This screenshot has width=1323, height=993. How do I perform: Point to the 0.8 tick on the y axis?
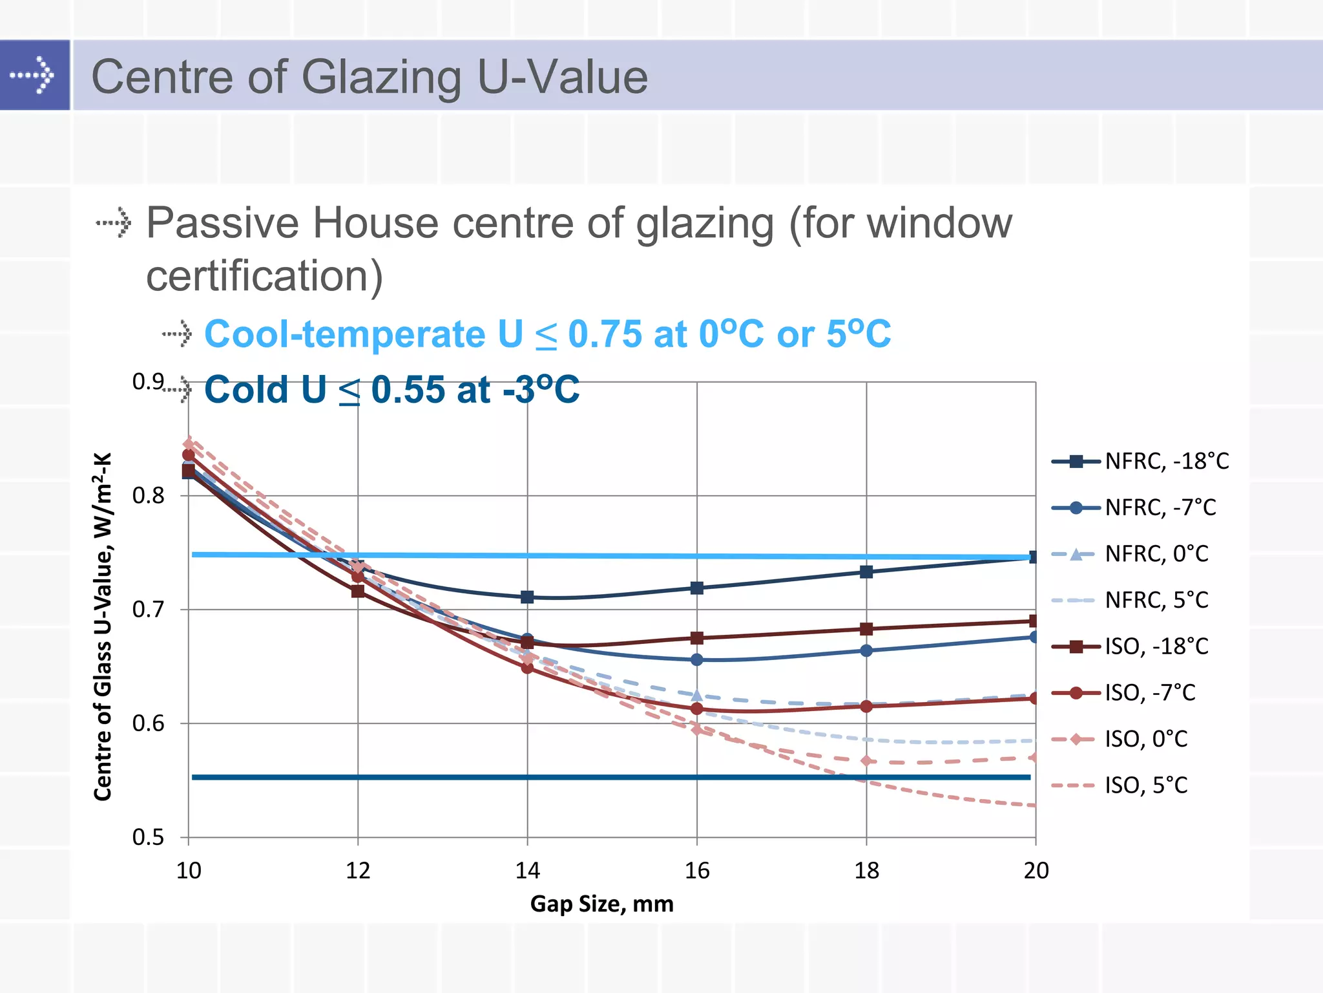148,496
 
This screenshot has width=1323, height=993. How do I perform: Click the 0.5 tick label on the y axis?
148,838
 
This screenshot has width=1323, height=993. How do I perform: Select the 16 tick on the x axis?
696,871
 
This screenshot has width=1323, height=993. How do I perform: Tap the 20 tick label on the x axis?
1036,871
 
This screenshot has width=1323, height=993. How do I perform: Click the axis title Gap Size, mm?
601,904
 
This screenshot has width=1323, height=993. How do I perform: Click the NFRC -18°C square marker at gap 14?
527,597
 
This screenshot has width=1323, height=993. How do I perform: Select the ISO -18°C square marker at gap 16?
696,638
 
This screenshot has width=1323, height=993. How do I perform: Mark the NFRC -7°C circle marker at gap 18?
866,650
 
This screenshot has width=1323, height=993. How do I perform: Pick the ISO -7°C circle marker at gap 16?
696,709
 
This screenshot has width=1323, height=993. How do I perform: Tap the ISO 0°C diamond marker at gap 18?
866,761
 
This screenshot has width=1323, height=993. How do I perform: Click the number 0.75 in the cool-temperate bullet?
605,334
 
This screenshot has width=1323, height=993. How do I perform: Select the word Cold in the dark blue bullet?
245,390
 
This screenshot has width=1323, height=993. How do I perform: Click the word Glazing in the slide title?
381,77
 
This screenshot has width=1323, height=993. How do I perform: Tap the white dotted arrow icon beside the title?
34,75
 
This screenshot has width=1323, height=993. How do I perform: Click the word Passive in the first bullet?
224,223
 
